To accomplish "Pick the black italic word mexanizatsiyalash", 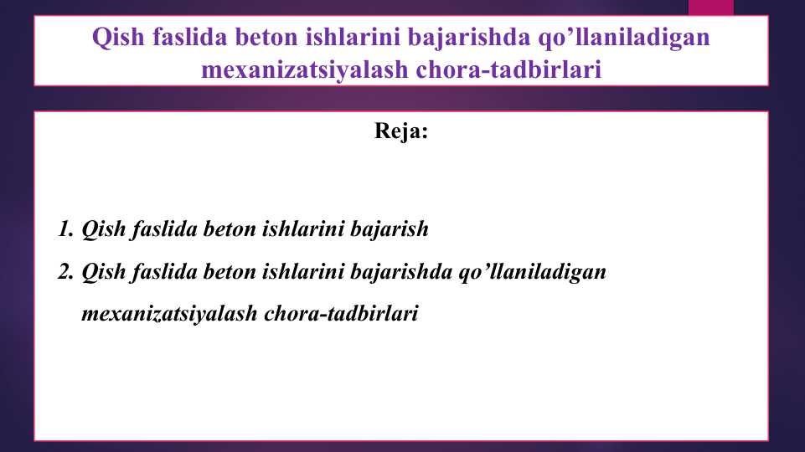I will (x=169, y=316).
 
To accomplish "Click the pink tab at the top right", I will (x=710, y=7).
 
